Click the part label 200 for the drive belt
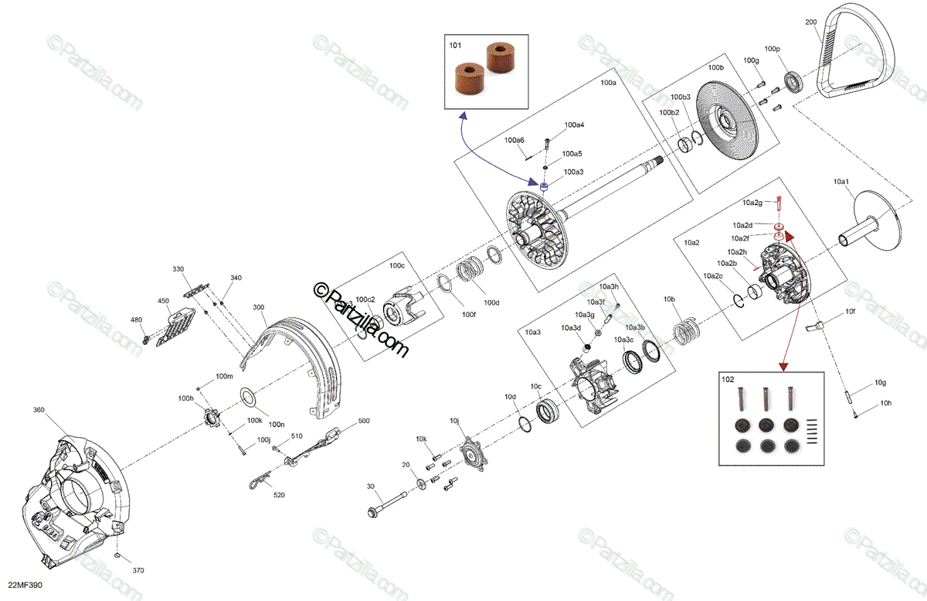coord(810,22)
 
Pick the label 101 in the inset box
coord(455,46)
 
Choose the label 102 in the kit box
coord(727,379)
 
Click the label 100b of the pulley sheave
coord(716,68)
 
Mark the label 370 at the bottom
coord(138,570)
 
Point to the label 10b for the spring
coord(669,299)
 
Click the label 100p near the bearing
coord(772,49)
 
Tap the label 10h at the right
coord(885,404)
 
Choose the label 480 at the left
coord(136,320)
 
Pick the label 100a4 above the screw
coord(574,125)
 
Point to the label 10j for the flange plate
coord(454,421)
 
